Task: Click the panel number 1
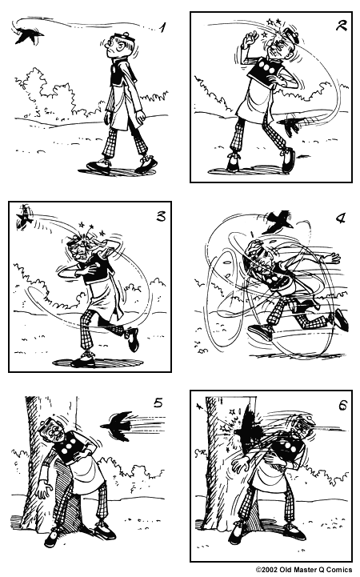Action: pos(163,29)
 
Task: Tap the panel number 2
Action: pos(342,26)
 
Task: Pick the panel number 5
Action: pos(158,403)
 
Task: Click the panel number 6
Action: pos(342,406)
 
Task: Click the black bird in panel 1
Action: pos(26,34)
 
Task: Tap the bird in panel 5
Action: pos(118,423)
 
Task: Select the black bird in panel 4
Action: pos(279,218)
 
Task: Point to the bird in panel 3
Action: pos(25,215)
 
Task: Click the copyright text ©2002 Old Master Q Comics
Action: pos(303,569)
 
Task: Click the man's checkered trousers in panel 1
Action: pos(124,144)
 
